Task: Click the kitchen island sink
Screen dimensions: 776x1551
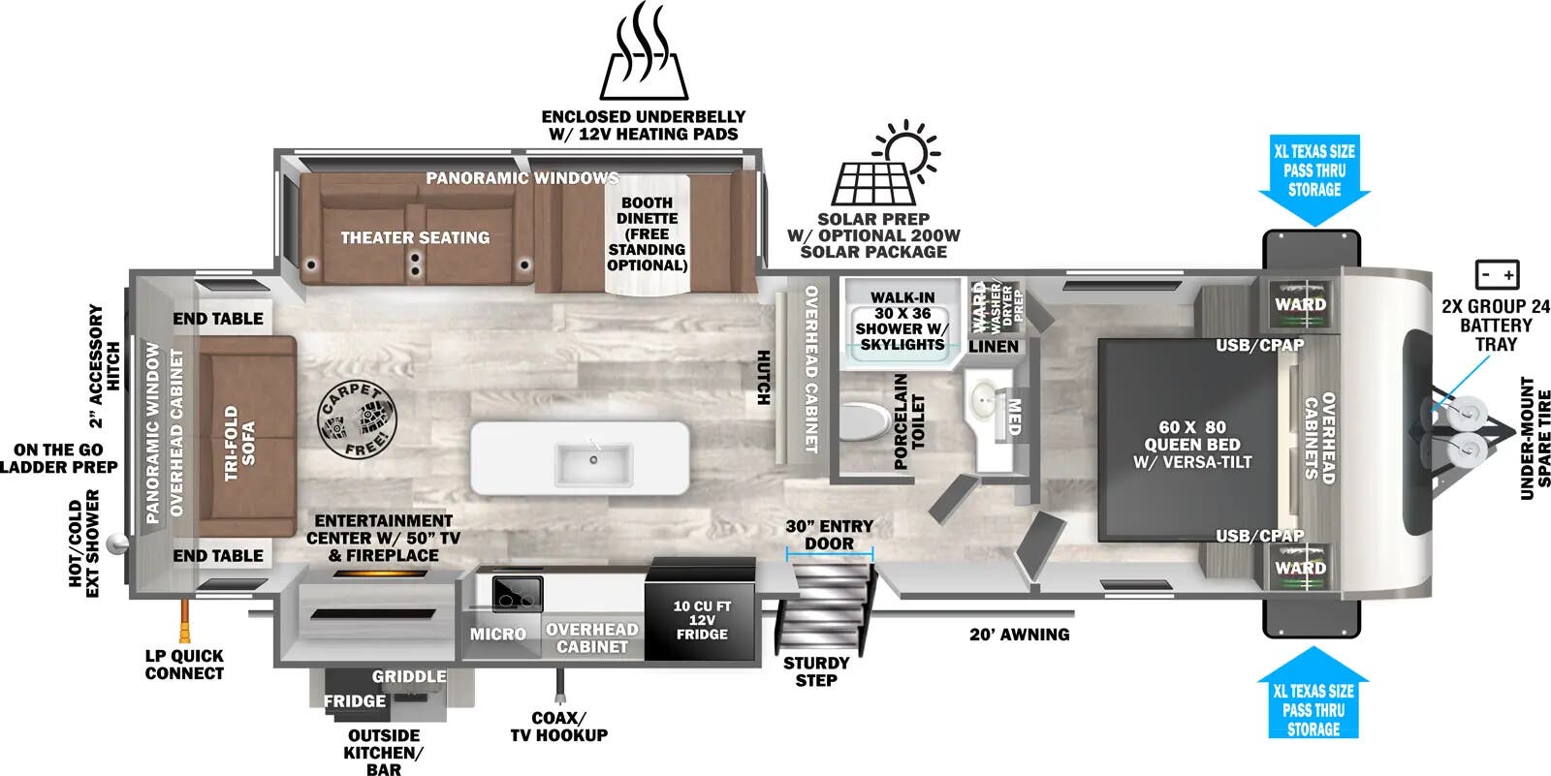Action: point(593,464)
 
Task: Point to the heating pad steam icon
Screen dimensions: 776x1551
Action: point(644,52)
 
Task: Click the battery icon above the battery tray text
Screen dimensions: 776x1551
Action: point(1496,275)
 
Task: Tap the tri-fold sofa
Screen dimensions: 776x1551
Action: point(246,436)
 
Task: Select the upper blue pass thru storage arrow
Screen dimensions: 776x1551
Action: point(1314,178)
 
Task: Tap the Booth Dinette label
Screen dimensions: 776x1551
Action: point(647,233)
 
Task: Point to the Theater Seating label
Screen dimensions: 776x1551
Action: point(415,237)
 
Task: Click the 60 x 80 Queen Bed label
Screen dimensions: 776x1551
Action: point(1192,444)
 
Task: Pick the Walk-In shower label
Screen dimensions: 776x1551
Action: point(902,321)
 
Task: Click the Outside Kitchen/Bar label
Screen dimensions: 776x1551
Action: point(384,752)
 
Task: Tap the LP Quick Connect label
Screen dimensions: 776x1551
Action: point(183,664)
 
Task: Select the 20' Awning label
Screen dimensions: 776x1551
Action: point(1019,635)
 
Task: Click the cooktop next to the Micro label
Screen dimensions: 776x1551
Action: point(511,592)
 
